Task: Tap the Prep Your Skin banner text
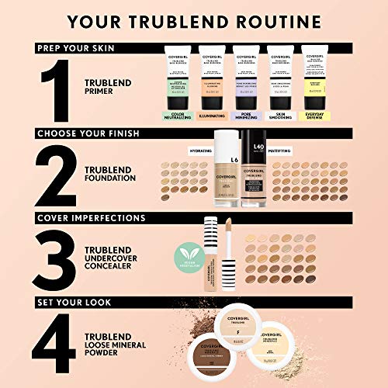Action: pyautogui.click(x=77, y=47)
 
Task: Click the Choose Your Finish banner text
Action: pyautogui.click(x=88, y=133)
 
